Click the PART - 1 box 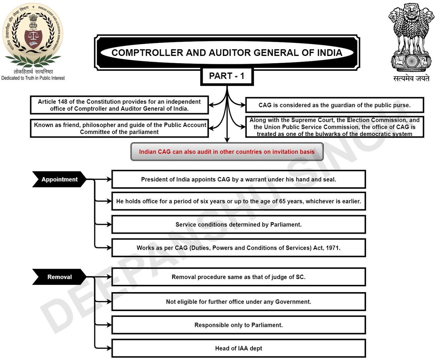(x=227, y=76)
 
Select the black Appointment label (x=59, y=179)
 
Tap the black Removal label (x=59, y=277)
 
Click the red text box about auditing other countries (x=227, y=152)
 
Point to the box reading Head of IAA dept (x=239, y=348)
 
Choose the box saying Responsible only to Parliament (x=239, y=325)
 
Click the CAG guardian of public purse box (x=334, y=105)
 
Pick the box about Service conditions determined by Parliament (x=239, y=225)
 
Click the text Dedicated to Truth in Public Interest (x=33, y=78)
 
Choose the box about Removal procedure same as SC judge (x=239, y=277)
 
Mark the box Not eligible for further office (x=239, y=302)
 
